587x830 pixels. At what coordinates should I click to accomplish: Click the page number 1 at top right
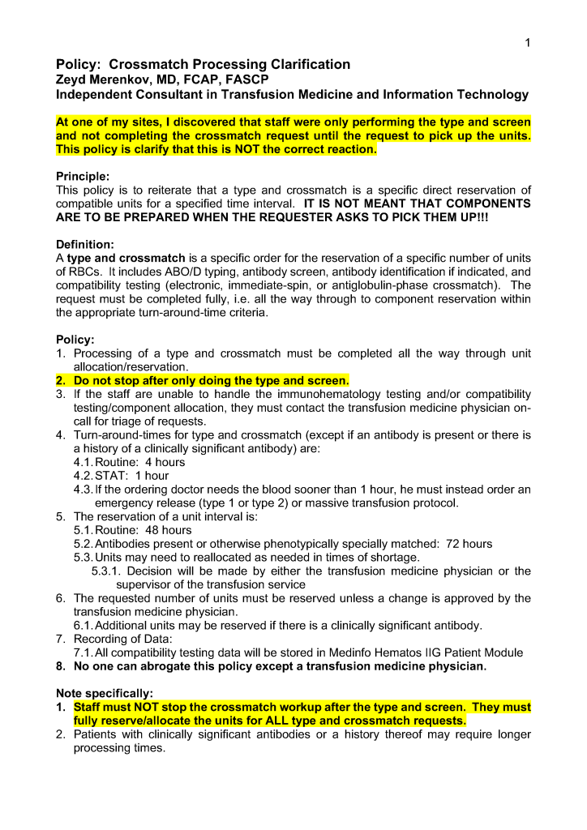point(527,43)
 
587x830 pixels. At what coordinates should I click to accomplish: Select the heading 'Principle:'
point(82,176)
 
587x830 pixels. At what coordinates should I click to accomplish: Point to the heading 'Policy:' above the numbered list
point(75,340)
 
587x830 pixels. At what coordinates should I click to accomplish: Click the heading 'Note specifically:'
point(104,693)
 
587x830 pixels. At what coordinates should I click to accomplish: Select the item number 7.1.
point(84,652)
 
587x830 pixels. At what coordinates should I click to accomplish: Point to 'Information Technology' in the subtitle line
point(456,95)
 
